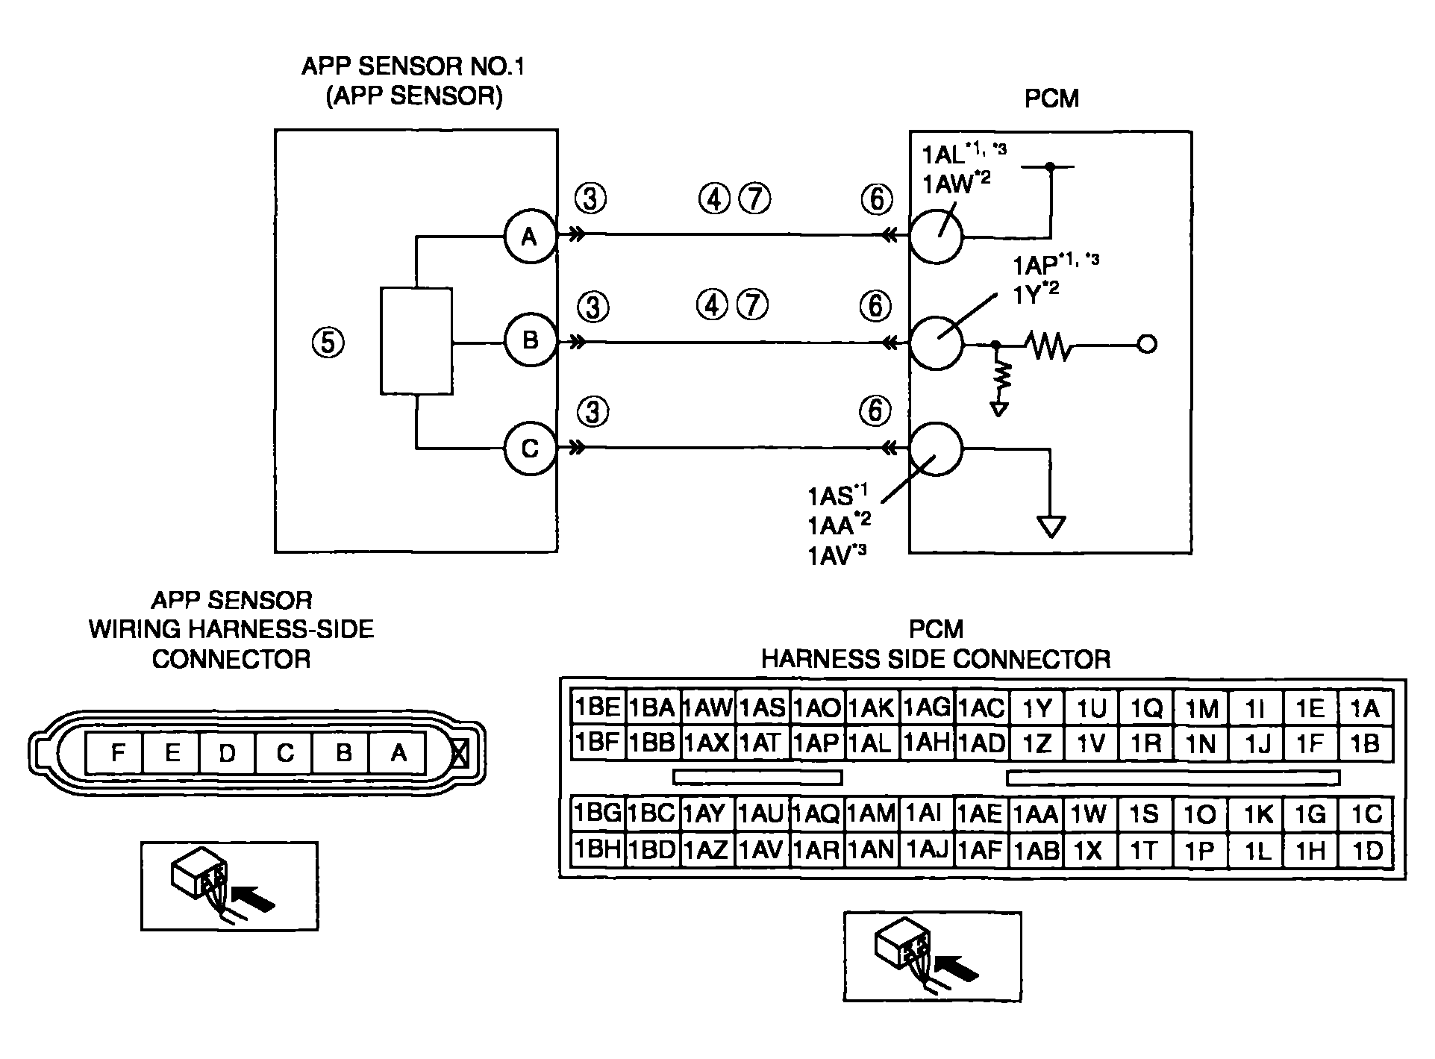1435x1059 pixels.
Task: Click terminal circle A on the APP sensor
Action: click(x=530, y=237)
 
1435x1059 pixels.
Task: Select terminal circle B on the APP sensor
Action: click(x=530, y=341)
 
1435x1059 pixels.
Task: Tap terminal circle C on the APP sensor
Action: click(x=530, y=449)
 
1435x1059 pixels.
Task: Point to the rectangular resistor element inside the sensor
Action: click(x=416, y=341)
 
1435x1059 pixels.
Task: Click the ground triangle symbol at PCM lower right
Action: click(x=1051, y=527)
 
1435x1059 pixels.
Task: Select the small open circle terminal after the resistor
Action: click(x=1148, y=345)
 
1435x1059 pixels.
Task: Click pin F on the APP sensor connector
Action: click(x=116, y=753)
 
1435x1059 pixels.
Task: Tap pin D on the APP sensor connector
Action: click(x=228, y=753)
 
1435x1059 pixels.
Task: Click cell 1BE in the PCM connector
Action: click(x=598, y=707)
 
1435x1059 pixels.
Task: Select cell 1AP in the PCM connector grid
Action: click(x=817, y=743)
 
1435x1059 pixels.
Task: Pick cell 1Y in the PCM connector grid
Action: click(x=1037, y=707)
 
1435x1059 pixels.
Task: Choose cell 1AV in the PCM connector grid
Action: click(x=763, y=850)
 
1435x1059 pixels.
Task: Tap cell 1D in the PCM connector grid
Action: click(x=1366, y=850)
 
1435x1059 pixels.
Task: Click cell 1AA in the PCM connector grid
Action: click(x=1037, y=814)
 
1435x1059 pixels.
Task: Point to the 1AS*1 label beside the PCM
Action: click(x=837, y=495)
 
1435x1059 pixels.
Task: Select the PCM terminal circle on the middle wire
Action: click(x=936, y=342)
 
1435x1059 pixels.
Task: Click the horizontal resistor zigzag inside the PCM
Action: click(x=1048, y=345)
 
